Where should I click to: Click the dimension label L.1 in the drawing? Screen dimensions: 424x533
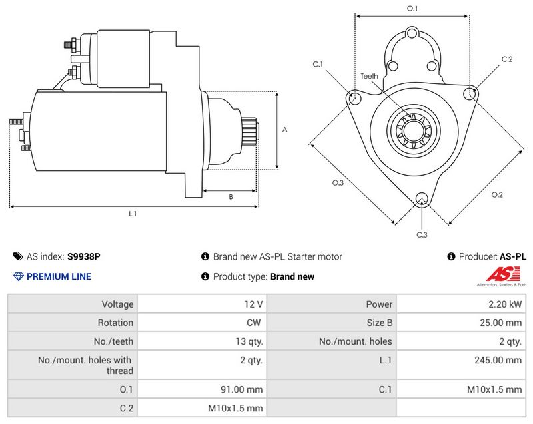point(133,214)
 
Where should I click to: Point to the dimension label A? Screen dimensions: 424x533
point(284,130)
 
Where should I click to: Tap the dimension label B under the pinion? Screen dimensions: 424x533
point(231,196)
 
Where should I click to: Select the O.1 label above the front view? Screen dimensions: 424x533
point(412,9)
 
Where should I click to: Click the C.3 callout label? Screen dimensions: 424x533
point(422,234)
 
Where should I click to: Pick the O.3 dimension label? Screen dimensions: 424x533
point(338,183)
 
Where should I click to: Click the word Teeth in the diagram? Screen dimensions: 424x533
point(370,76)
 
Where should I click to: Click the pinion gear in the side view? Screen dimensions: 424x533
point(249,133)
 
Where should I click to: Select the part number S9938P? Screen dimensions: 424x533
point(84,256)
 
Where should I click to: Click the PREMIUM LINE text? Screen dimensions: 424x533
point(59,276)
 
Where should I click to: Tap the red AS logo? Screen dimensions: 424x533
point(497,274)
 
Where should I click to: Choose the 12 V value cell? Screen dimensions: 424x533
point(255,304)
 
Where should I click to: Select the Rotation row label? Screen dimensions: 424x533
point(117,323)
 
